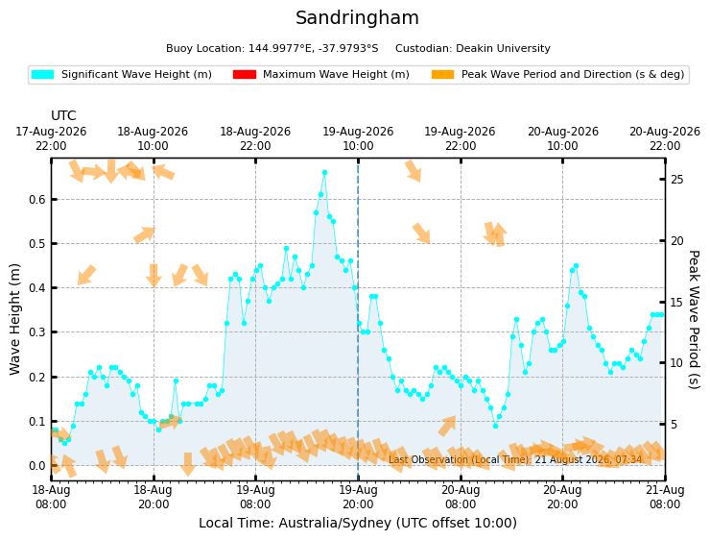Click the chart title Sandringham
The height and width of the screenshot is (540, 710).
click(357, 18)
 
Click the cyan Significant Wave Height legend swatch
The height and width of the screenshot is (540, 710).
click(42, 74)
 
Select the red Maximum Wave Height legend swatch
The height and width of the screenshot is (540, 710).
click(245, 74)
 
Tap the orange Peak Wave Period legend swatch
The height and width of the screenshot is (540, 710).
click(443, 74)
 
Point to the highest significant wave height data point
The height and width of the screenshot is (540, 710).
click(324, 173)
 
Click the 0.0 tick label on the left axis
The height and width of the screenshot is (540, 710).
click(37, 466)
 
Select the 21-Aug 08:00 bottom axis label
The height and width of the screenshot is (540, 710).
click(665, 498)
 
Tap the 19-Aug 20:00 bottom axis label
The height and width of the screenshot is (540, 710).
click(358, 498)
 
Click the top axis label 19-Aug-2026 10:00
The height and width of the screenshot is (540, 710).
click(358, 138)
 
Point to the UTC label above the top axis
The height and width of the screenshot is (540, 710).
click(63, 115)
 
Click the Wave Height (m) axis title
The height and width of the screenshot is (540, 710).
click(15, 319)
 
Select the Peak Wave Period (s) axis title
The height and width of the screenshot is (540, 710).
click(694, 320)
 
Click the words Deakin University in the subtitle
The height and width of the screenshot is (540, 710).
click(503, 48)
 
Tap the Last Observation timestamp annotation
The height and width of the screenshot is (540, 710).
click(515, 459)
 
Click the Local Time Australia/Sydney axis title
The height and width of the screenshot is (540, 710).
click(358, 523)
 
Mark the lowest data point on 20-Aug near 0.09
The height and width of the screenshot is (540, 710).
click(495, 427)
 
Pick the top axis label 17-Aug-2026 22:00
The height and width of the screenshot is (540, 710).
click(51, 138)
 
